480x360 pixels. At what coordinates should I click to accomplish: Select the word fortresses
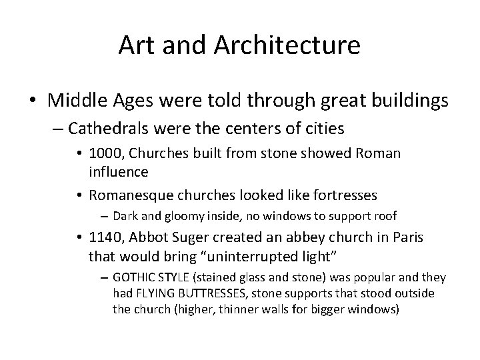point(342,195)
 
